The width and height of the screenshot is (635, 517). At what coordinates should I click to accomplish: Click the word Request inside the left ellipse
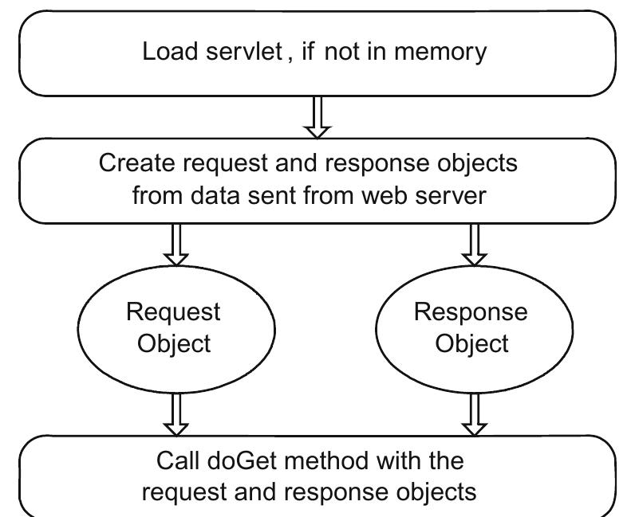tap(174, 311)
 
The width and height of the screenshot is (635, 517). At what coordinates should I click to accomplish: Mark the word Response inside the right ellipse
tap(471, 311)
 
